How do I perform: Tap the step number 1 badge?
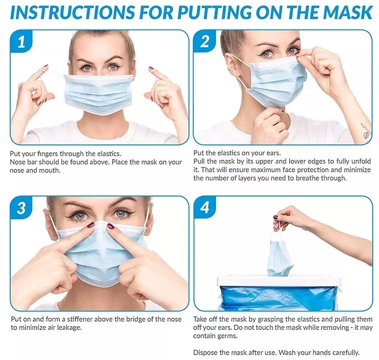(21, 41)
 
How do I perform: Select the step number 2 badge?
(205, 41)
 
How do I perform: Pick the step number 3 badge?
(21, 208)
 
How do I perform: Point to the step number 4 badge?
(205, 207)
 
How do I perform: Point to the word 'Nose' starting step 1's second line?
(17, 162)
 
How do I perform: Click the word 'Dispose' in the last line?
(205, 353)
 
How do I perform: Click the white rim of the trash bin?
(279, 281)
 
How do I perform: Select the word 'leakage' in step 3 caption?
(69, 328)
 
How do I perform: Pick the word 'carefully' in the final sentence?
(346, 353)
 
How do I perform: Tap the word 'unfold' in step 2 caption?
(361, 161)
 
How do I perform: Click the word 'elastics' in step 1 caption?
(108, 154)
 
